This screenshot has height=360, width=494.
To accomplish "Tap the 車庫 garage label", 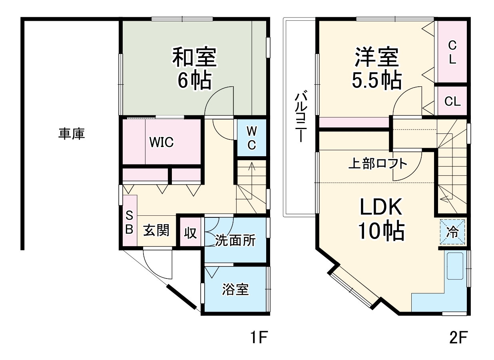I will point(72,134).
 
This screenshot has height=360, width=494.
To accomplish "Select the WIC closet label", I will point(162,142).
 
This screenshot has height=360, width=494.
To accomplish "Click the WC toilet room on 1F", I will point(251,138).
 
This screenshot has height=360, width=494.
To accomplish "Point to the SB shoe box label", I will point(129,223).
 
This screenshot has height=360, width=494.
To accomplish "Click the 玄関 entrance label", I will point(156,231).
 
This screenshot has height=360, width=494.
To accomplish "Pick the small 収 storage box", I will point(191,233).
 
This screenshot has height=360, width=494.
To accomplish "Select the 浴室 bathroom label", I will point(235,290).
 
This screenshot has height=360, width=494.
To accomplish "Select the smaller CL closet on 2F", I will point(452,101).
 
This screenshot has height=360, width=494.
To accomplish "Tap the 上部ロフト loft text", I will point(378,164).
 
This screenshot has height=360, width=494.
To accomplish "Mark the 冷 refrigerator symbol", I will point(453,232).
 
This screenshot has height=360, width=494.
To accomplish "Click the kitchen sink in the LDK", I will point(455,266).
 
